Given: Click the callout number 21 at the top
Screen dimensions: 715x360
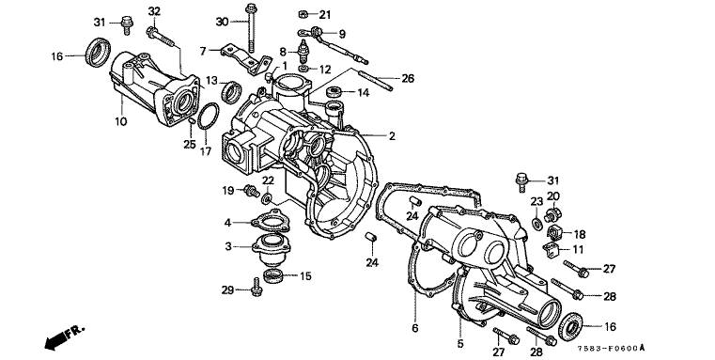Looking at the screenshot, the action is pos(325,15).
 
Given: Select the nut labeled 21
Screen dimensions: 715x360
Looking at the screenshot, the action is pos(302,14).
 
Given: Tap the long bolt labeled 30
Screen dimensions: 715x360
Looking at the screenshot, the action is pos(250,27).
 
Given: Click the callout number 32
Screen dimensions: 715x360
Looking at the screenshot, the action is pos(155,11).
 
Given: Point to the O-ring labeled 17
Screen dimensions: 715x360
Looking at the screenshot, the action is pos(208,117).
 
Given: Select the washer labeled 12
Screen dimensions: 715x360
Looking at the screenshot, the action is pos(303,70).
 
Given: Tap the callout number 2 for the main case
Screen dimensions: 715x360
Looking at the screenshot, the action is pos(392,136).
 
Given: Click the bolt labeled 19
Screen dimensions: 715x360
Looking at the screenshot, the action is pos(251,190).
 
